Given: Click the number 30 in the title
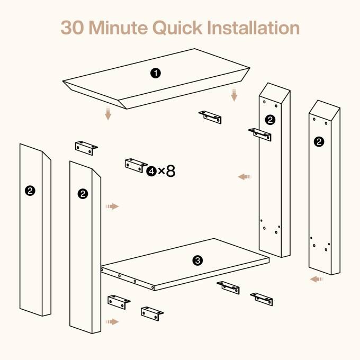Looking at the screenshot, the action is pyautogui.click(x=72, y=28).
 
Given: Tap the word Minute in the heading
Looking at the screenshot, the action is pyautogui.click(x=118, y=28).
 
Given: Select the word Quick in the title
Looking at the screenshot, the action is pyautogui.click(x=177, y=28).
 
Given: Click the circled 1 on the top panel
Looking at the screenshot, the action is pyautogui.click(x=156, y=73).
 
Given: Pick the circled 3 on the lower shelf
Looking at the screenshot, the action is pyautogui.click(x=197, y=260).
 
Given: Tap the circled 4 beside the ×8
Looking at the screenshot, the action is pyautogui.click(x=151, y=171).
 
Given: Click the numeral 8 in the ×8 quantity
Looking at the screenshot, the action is pyautogui.click(x=170, y=171).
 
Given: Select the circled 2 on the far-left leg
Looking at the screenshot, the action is pyautogui.click(x=30, y=191).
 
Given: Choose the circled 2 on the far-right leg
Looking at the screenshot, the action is pyautogui.click(x=319, y=141).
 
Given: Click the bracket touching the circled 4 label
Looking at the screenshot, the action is pyautogui.click(x=136, y=165).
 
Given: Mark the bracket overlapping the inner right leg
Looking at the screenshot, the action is pyautogui.click(x=260, y=134).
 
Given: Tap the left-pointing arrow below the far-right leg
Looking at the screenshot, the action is pyautogui.click(x=317, y=279).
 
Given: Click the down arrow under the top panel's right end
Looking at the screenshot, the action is pyautogui.click(x=234, y=95).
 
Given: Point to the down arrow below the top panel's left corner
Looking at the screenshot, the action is pyautogui.click(x=108, y=113).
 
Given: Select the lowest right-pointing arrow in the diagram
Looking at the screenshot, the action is pyautogui.click(x=112, y=322).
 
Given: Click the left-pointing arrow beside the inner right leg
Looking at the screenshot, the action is pyautogui.click(x=245, y=177).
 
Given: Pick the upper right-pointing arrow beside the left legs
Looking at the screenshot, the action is pyautogui.click(x=112, y=206).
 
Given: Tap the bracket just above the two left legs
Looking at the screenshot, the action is pyautogui.click(x=86, y=148).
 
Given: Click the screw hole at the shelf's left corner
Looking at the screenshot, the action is pyautogui.click(x=102, y=269).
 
